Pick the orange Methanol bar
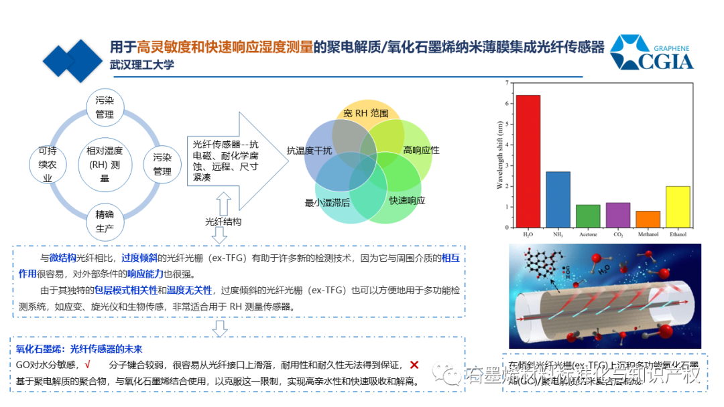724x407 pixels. [x=648, y=219]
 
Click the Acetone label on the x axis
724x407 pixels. [x=588, y=235]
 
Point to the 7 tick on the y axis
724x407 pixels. [x=509, y=83]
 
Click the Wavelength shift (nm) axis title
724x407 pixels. [x=499, y=155]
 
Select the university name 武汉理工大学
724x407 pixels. [x=142, y=65]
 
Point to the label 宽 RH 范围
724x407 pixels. [x=365, y=113]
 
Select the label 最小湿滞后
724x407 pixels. [x=327, y=202]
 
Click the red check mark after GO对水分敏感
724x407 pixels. [x=88, y=365]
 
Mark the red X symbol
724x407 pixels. [x=414, y=365]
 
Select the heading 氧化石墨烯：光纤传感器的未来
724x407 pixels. [x=79, y=349]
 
